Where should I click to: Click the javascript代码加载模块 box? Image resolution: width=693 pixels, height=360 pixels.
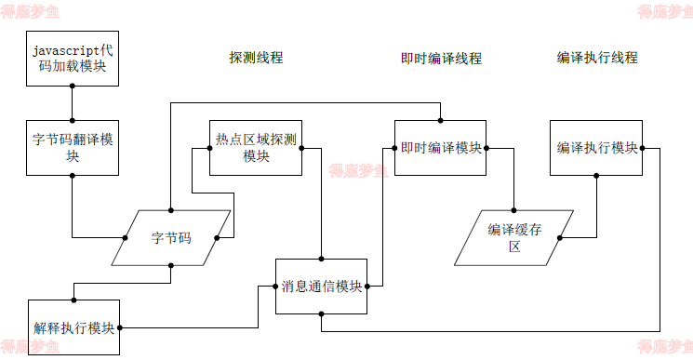click(x=73, y=57)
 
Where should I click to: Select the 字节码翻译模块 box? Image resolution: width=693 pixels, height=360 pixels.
click(x=73, y=148)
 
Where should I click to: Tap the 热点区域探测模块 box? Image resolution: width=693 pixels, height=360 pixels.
click(x=256, y=148)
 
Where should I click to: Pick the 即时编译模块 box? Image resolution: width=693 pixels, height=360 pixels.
click(x=441, y=148)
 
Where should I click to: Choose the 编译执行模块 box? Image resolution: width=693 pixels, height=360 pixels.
click(x=596, y=148)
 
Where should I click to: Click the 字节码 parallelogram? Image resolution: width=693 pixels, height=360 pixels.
click(x=171, y=238)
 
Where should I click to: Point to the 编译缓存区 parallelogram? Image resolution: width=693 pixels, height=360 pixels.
click(x=514, y=238)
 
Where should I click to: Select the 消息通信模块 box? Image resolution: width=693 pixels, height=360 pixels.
click(x=322, y=287)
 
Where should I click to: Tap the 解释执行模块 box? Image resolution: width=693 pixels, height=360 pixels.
click(x=74, y=327)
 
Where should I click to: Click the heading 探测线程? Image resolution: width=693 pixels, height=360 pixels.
click(x=256, y=58)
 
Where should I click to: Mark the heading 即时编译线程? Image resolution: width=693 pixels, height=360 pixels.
click(x=441, y=58)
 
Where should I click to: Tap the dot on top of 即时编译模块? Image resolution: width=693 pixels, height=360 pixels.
click(x=441, y=120)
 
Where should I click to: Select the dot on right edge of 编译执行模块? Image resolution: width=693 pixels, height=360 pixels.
click(x=643, y=148)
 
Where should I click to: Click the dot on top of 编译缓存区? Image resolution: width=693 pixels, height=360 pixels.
click(x=514, y=210)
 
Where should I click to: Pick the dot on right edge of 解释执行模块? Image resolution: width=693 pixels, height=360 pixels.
click(x=121, y=327)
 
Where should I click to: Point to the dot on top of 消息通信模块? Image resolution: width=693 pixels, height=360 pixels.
click(x=322, y=259)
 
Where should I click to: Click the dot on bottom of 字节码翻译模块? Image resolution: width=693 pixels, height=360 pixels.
click(x=73, y=175)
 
